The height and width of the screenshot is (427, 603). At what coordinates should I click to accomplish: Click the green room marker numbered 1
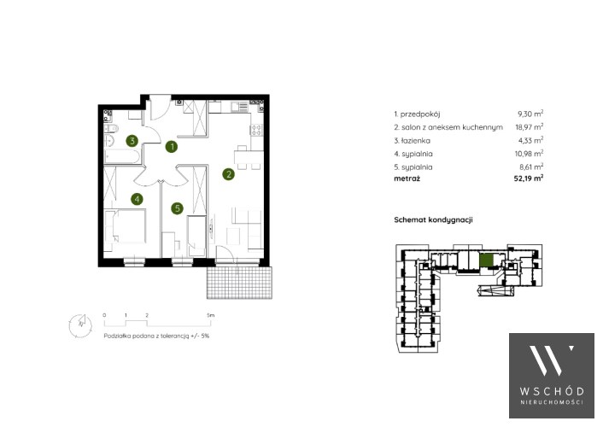tap(172, 146)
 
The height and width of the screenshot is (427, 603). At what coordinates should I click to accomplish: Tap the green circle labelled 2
tap(228, 174)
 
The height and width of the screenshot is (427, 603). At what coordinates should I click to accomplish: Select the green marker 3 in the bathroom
tap(132, 140)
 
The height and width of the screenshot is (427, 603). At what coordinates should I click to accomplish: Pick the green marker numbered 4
tap(137, 199)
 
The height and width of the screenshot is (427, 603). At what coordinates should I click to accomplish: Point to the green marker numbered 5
tap(178, 208)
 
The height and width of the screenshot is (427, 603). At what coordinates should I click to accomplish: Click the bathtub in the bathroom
tap(122, 157)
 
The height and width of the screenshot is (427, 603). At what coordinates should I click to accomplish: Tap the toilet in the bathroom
tap(111, 128)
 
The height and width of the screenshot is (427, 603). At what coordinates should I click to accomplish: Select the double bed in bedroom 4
tap(126, 226)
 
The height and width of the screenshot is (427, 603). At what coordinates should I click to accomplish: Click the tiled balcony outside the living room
tap(240, 283)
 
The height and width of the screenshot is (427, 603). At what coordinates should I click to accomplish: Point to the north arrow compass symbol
tap(81, 325)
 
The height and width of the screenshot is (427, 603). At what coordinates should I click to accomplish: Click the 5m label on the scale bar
tap(210, 315)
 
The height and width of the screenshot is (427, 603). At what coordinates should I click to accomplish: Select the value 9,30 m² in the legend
tap(530, 114)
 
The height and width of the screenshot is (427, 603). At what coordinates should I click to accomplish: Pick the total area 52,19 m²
tap(529, 178)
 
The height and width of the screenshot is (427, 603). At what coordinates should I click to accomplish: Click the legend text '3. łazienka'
tap(413, 141)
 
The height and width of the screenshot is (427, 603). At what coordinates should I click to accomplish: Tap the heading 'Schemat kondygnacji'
tap(433, 220)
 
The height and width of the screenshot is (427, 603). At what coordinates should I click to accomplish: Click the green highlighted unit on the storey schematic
tap(486, 260)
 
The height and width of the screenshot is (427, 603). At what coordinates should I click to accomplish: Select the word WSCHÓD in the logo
tap(552, 392)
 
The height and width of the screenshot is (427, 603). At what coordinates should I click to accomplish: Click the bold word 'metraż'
tap(407, 178)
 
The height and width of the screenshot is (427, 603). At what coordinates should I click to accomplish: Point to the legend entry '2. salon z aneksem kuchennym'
tap(448, 127)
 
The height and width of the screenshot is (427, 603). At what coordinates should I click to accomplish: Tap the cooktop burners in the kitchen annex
tap(256, 130)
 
